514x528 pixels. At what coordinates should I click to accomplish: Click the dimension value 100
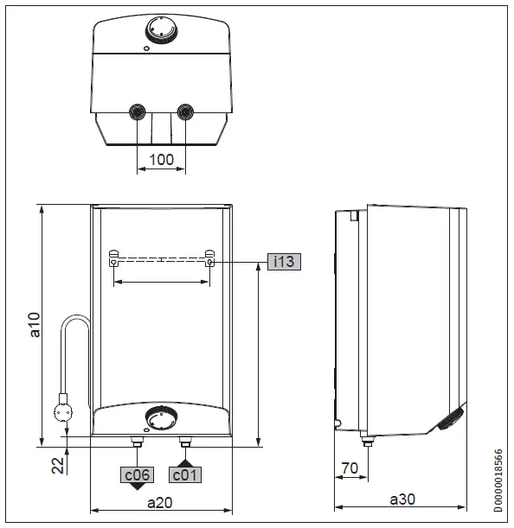(x=161, y=159)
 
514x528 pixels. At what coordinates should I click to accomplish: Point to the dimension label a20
(x=161, y=501)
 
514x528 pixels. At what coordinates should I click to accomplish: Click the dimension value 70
(x=350, y=468)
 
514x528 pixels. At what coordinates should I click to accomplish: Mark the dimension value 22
(x=58, y=466)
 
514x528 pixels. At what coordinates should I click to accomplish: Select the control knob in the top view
(x=161, y=30)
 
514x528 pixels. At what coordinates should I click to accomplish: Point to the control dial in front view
(x=161, y=418)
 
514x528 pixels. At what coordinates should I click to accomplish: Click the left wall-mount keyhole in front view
(x=114, y=258)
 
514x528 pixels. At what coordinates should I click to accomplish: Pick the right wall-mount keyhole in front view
(x=209, y=258)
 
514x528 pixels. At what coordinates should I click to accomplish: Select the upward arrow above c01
(x=184, y=463)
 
